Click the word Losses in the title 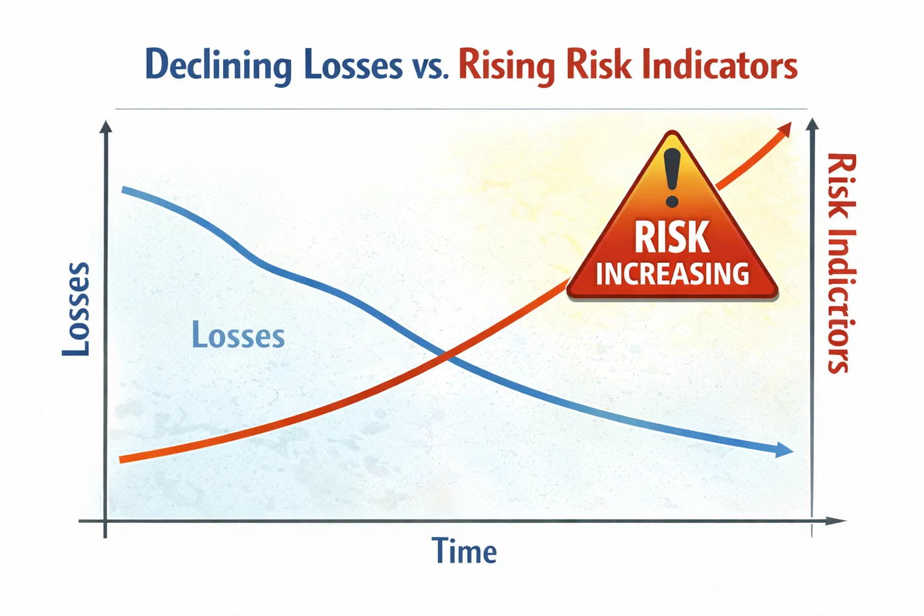click(353, 65)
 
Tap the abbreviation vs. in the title click(430, 69)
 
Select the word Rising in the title click(507, 67)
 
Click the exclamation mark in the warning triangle click(672, 178)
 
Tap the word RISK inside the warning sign click(672, 236)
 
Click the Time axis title click(464, 551)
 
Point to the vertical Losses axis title click(76, 309)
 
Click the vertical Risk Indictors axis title click(841, 263)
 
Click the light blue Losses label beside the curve click(238, 335)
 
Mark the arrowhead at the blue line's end click(784, 450)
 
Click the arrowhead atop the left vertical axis click(106, 127)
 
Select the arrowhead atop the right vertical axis click(812, 124)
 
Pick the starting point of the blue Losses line click(123, 189)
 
